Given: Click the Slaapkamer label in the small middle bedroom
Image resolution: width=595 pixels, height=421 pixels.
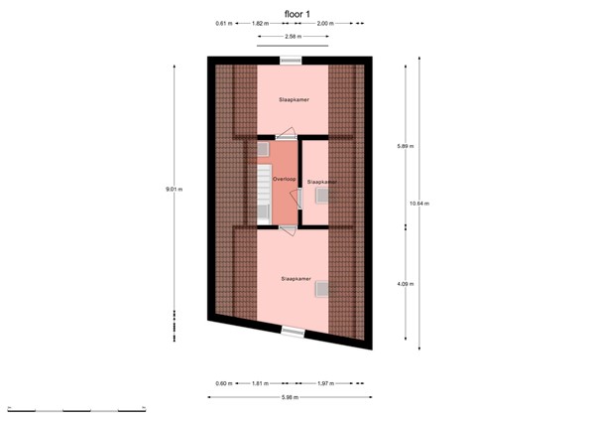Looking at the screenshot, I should point(322,182).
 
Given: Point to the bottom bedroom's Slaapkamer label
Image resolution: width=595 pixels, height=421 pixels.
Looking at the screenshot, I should point(296,279).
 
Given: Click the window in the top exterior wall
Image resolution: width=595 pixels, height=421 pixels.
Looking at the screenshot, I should point(292,61).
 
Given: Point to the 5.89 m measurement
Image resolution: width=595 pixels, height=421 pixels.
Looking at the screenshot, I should point(405,146).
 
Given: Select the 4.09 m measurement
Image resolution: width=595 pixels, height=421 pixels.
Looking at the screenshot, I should point(405,284).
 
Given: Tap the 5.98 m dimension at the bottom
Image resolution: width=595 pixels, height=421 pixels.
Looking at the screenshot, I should point(292,398).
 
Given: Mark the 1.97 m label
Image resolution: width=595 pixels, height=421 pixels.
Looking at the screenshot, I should point(327,382).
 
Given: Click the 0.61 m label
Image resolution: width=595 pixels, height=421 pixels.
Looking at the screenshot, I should point(223,22).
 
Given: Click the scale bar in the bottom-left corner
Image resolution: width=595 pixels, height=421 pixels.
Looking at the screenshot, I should point(77,408).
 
